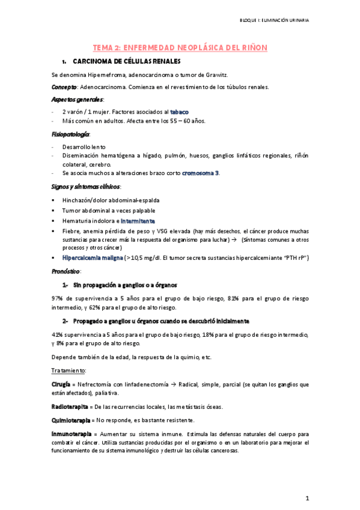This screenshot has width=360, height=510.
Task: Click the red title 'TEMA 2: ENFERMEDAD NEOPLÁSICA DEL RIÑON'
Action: tap(180, 47)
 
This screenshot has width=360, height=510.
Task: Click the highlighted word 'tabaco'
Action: tap(180, 112)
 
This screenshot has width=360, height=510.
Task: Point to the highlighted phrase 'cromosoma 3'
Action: tap(201, 173)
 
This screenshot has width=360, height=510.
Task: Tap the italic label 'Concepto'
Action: tap(63, 87)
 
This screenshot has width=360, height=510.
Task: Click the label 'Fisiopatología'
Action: tap(71, 134)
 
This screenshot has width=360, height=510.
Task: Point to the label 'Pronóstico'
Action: tap(66, 271)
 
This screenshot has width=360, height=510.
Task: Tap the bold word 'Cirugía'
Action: tap(62, 384)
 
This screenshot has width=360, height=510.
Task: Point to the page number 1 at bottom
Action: tap(307, 499)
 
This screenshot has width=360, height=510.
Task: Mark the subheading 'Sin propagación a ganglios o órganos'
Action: tap(125, 284)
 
